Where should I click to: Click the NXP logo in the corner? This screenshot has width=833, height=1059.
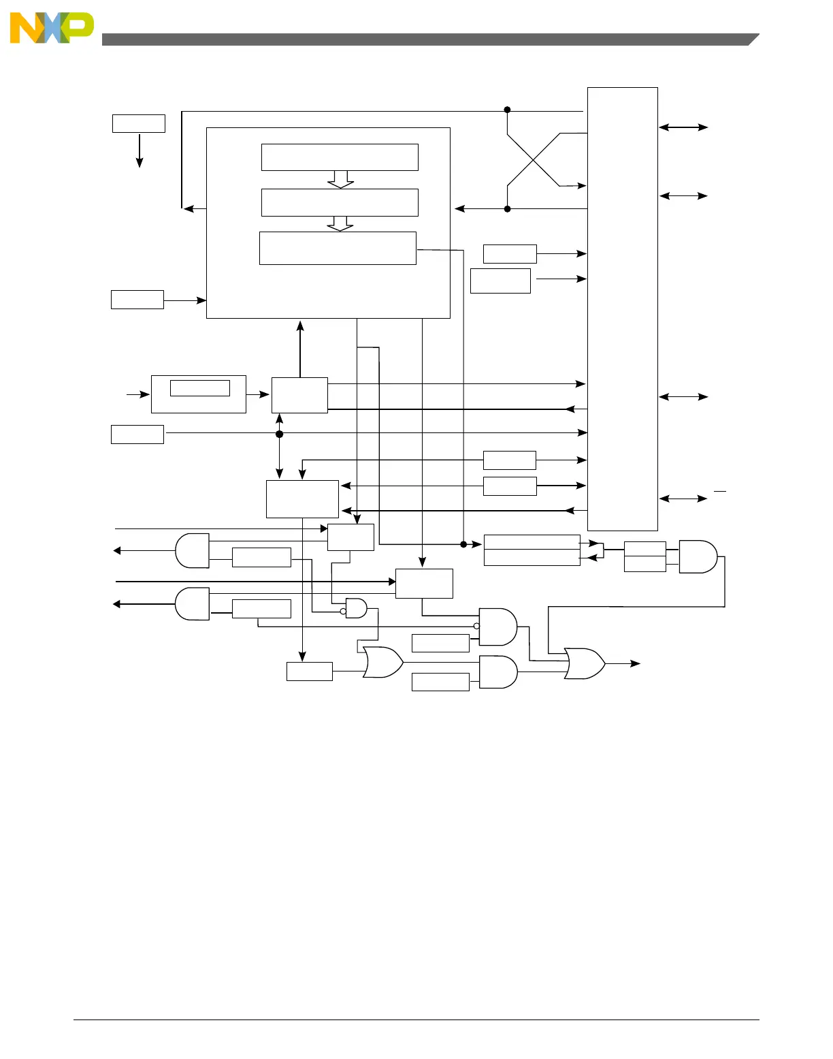pos(52,28)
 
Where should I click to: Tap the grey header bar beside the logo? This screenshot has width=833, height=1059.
pos(429,39)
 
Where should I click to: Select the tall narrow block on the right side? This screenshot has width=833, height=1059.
pos(622,309)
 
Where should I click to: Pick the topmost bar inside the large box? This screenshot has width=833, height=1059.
pos(340,157)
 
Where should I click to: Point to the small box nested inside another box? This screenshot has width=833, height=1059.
pos(199,388)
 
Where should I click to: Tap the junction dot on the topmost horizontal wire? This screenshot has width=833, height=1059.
pos(507,110)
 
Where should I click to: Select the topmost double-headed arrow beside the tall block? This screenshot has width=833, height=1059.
pos(683,127)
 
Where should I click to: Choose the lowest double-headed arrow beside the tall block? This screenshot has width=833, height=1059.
pos(683,499)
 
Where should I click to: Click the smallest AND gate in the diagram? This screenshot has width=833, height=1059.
pos(356,608)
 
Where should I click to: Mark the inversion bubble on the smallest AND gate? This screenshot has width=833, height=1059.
pos(343,612)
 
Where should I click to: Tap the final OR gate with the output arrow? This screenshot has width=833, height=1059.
pos(585,663)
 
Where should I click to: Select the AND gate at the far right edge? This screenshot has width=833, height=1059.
pos(698,556)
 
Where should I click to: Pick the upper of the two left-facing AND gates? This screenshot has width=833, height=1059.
pos(193,551)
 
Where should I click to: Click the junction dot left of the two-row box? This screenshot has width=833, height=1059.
pos(463,544)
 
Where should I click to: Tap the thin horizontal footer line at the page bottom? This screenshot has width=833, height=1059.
pos(416,1020)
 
